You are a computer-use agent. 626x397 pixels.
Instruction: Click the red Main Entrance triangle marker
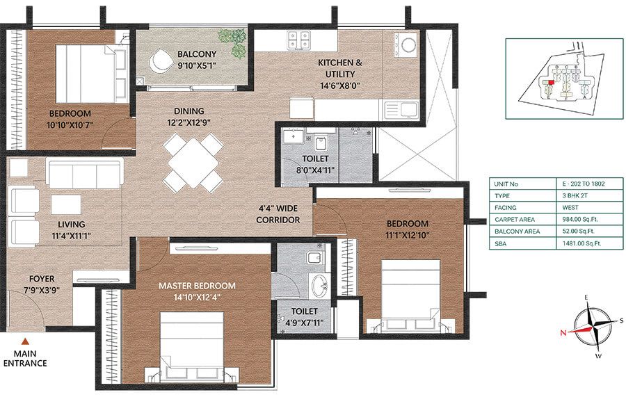25,341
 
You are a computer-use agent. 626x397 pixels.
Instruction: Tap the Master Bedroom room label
196,285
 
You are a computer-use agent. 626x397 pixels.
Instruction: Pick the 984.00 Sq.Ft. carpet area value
575,218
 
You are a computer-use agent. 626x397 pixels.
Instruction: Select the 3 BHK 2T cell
575,196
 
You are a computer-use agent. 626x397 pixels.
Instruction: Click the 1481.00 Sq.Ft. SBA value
575,241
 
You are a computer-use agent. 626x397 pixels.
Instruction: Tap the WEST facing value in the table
575,207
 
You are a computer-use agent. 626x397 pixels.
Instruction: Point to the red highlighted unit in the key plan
551,81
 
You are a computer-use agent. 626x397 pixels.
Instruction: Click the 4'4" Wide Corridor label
278,213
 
